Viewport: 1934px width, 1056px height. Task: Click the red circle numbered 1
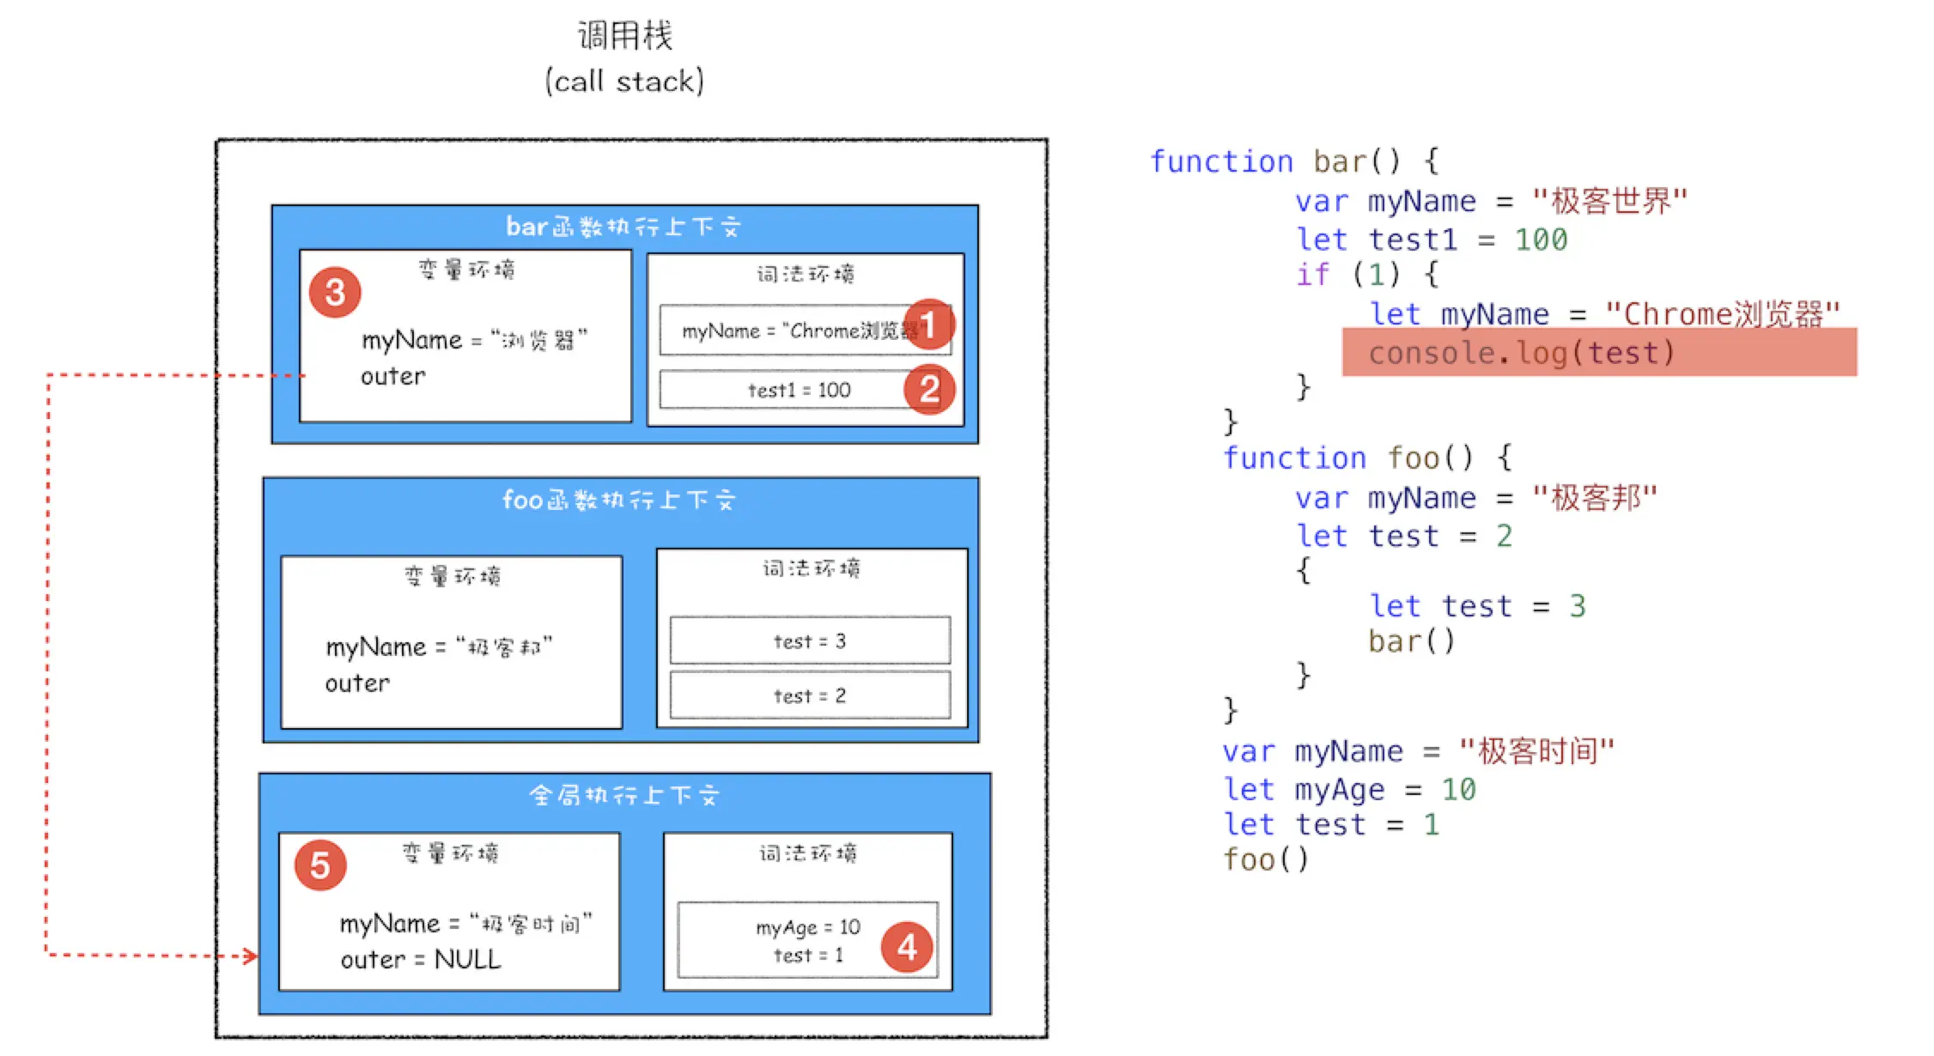coord(928,325)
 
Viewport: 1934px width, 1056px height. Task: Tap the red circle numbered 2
coord(929,390)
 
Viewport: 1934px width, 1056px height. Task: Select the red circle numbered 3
coord(335,292)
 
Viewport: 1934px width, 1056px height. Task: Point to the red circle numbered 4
coord(907,947)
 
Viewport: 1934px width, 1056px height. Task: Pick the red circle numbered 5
coord(319,865)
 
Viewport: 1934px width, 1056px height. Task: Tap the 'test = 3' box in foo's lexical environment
coord(809,640)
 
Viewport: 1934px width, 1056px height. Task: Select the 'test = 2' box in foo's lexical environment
coord(809,695)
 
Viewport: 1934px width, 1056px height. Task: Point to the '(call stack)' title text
coord(624,82)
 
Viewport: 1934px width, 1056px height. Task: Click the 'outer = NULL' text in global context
coord(420,959)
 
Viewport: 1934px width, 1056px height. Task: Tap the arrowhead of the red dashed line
coord(251,956)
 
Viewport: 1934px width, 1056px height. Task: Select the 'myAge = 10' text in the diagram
coord(807,927)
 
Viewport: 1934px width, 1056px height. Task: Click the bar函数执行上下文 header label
coord(623,227)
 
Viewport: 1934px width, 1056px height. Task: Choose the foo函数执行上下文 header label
coord(618,500)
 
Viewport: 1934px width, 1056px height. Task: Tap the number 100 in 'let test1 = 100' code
coord(1541,240)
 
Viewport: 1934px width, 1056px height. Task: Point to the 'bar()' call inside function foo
coord(1411,641)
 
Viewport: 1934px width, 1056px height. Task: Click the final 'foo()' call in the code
coord(1265,859)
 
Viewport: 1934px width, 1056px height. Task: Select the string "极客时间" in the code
coord(1537,751)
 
